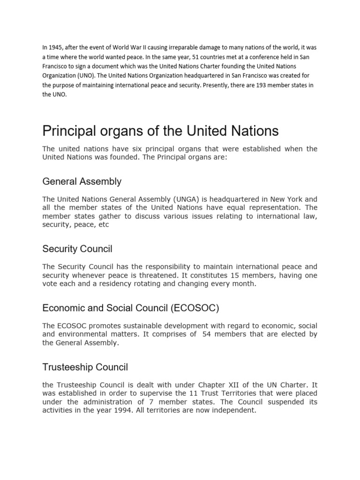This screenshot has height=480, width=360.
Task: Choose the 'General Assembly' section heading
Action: [82, 181]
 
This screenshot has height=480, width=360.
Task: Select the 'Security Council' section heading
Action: [77, 249]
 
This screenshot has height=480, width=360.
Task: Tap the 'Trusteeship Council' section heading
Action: [85, 367]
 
